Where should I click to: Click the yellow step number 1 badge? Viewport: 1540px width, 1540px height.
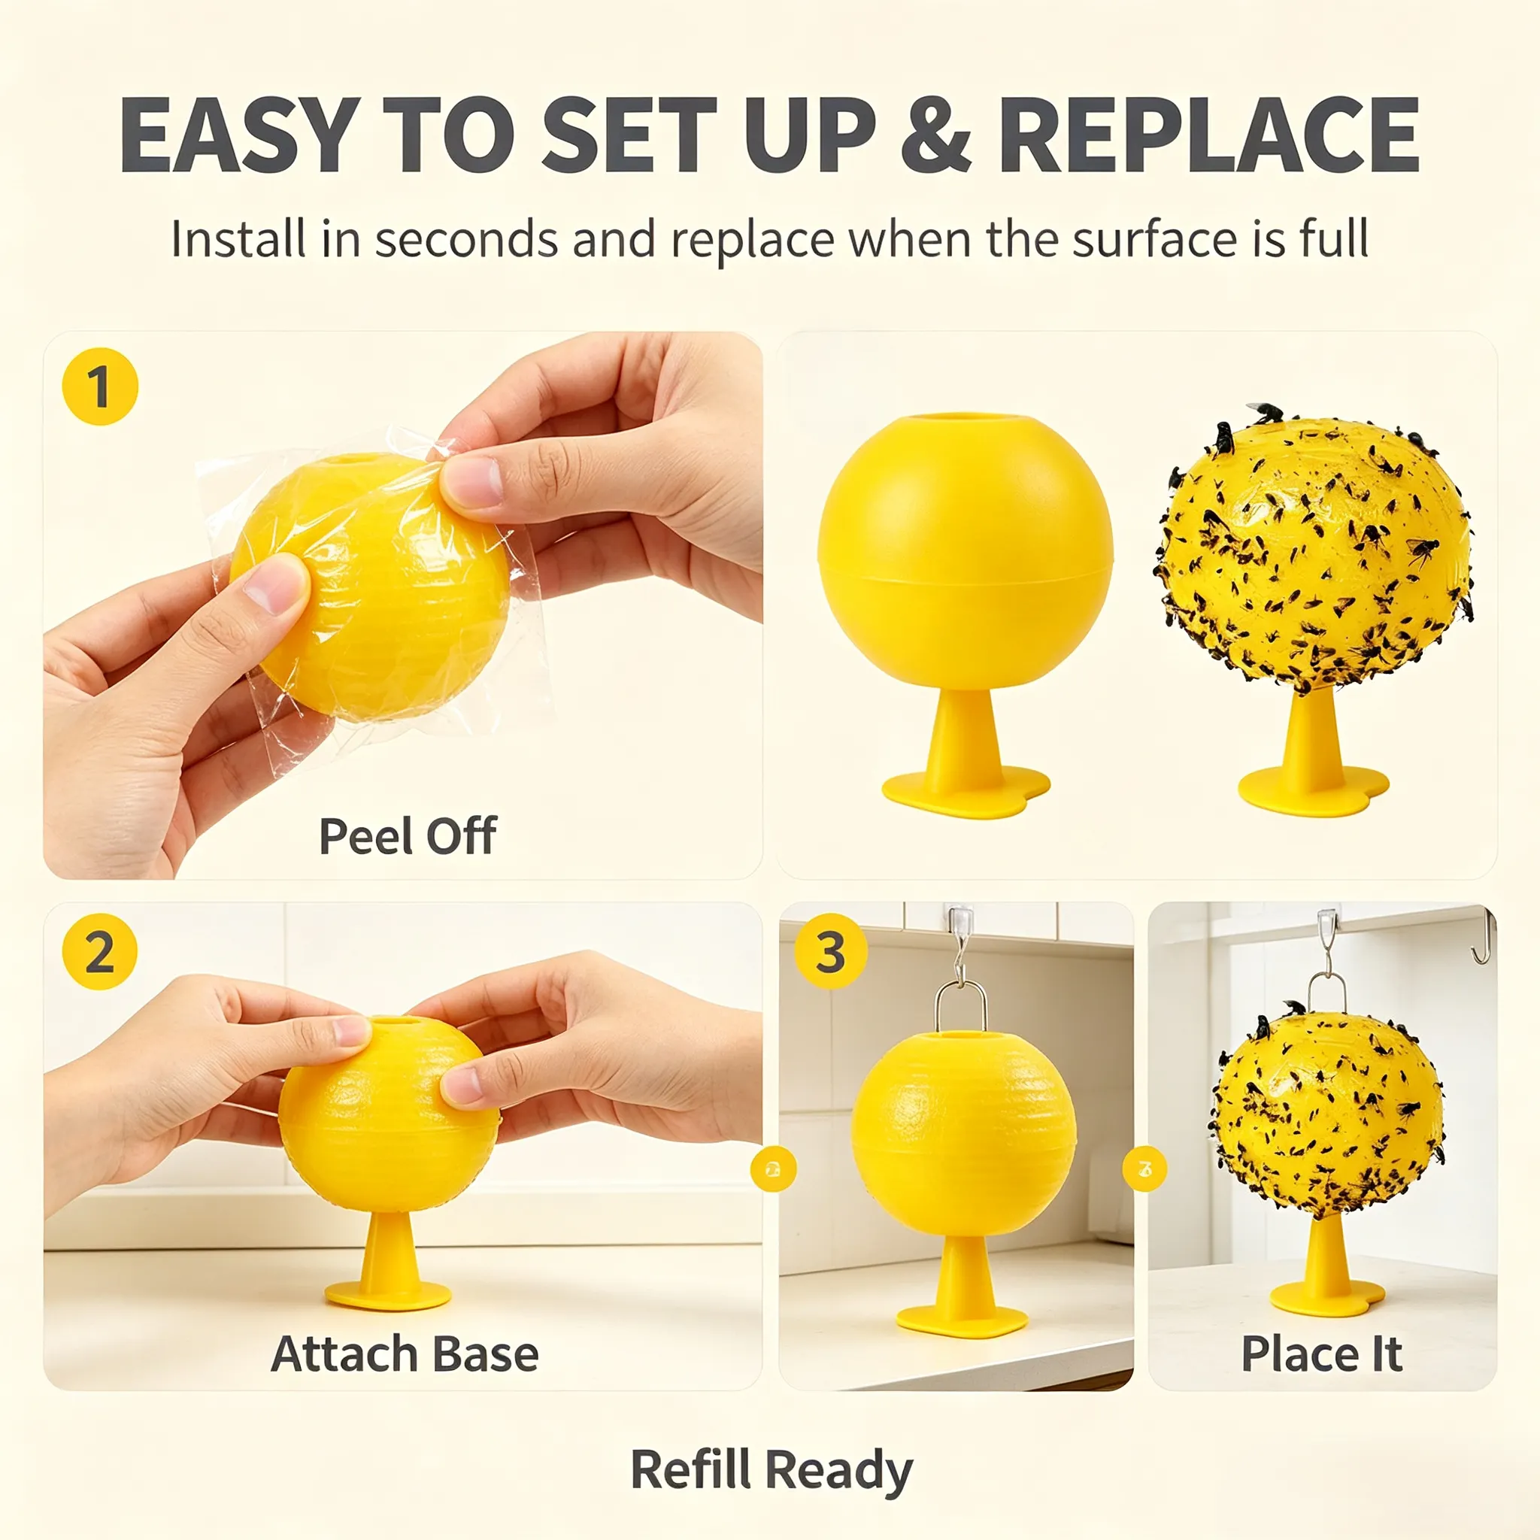click(x=101, y=387)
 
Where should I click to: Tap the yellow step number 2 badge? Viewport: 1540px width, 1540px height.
click(x=100, y=952)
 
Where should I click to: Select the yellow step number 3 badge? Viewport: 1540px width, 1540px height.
click(x=831, y=951)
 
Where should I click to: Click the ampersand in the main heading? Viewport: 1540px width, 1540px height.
click(x=935, y=134)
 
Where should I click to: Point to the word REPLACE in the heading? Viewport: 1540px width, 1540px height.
click(x=1208, y=134)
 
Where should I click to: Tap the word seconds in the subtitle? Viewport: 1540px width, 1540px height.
click(x=465, y=238)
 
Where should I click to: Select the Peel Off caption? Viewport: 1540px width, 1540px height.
click(x=408, y=836)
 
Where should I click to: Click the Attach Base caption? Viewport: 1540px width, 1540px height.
click(x=405, y=1354)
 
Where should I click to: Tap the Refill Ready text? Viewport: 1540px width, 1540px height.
click(x=771, y=1469)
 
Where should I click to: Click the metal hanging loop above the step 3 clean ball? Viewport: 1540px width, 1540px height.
click(x=960, y=1005)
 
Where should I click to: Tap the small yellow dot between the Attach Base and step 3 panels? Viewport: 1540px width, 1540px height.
click(x=773, y=1169)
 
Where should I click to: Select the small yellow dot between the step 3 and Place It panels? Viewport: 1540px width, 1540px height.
click(x=1144, y=1169)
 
